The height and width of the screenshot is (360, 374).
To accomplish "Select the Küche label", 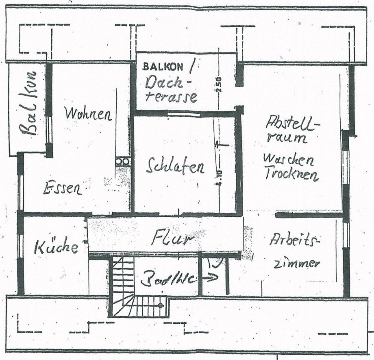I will coord(56,247).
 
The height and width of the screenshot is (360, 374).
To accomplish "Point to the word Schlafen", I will coord(176,167).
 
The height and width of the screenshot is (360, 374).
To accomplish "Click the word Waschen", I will coord(288,159).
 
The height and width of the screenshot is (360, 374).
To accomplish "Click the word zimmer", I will coord(296,263).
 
